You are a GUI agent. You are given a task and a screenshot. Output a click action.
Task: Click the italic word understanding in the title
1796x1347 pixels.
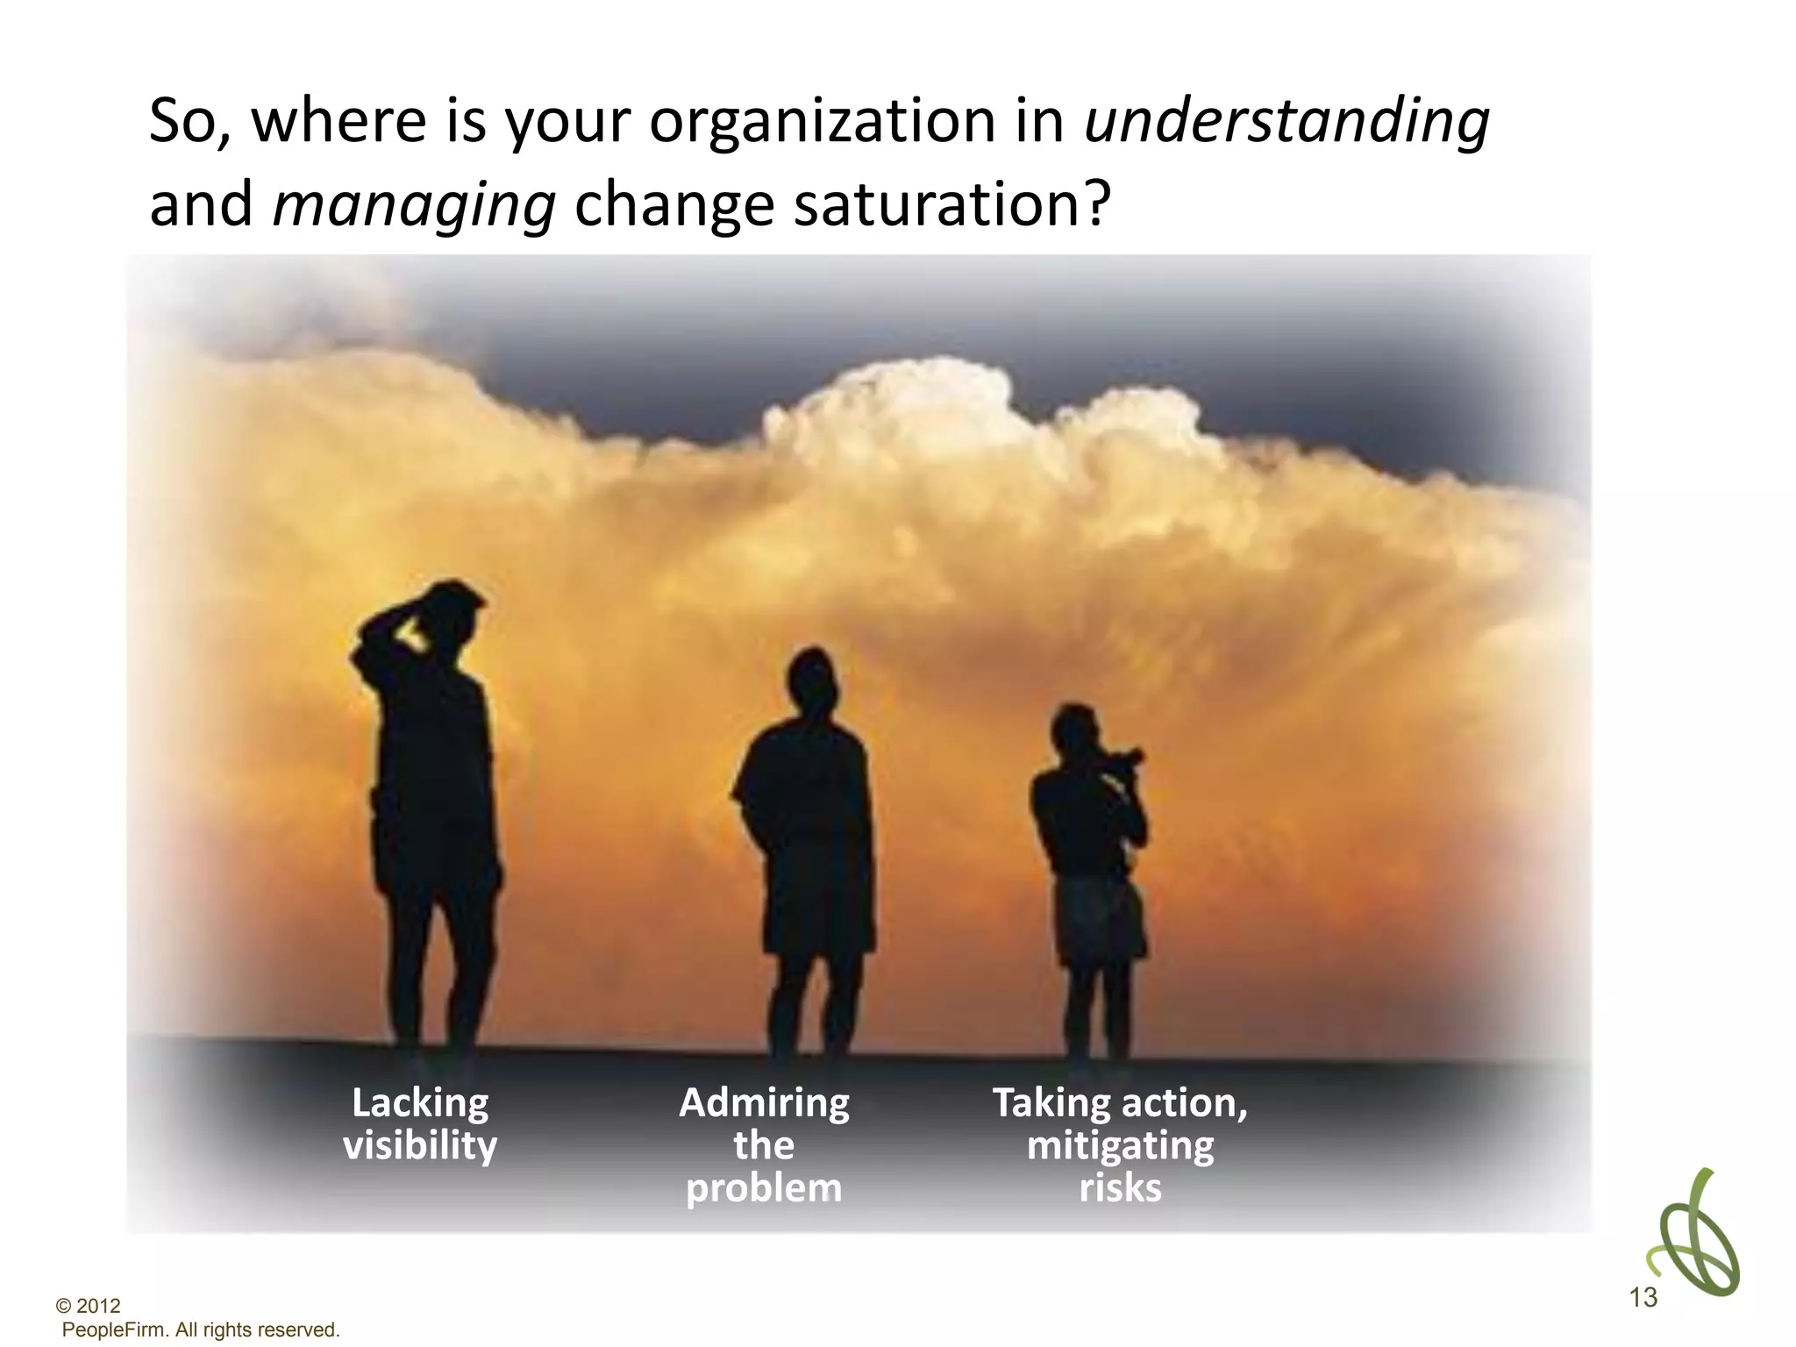1286,122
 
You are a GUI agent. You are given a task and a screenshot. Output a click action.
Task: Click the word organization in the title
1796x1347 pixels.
823,122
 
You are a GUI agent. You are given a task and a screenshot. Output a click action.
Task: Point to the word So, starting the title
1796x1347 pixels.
190,122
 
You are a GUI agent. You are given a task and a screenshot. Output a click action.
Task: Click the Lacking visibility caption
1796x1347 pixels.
420,1124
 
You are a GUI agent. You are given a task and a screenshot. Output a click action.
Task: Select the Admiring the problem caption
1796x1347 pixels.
764,1144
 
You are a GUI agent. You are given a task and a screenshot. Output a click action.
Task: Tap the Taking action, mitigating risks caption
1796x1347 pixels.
1120,1144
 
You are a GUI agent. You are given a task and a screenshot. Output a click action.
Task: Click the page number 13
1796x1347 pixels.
1643,1297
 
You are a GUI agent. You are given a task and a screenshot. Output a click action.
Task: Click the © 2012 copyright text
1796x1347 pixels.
88,1306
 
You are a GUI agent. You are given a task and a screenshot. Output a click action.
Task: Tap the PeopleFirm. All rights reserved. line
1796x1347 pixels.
201,1329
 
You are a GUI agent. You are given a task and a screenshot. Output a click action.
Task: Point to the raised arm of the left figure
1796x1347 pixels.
386,627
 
